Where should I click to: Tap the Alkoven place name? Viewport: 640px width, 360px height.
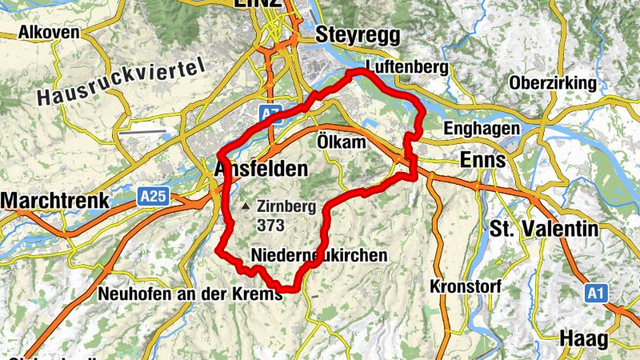coord(50,33)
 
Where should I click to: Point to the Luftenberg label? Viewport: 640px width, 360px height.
coord(406,67)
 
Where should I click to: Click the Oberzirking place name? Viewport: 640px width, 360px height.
coord(553,83)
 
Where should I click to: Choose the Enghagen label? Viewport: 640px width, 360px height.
coord(482,129)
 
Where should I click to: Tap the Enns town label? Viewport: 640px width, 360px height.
coord(483,160)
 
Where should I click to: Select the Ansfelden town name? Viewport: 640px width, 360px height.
coord(261,169)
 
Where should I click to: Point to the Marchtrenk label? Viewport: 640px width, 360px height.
coord(54,199)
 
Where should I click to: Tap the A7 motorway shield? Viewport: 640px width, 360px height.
coord(272,110)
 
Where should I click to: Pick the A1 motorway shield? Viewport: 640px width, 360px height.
coord(594,294)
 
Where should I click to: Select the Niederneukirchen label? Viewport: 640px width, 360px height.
coord(318,255)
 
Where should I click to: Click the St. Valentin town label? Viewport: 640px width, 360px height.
coord(544,230)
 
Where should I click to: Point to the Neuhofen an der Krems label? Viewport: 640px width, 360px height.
coord(190,294)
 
